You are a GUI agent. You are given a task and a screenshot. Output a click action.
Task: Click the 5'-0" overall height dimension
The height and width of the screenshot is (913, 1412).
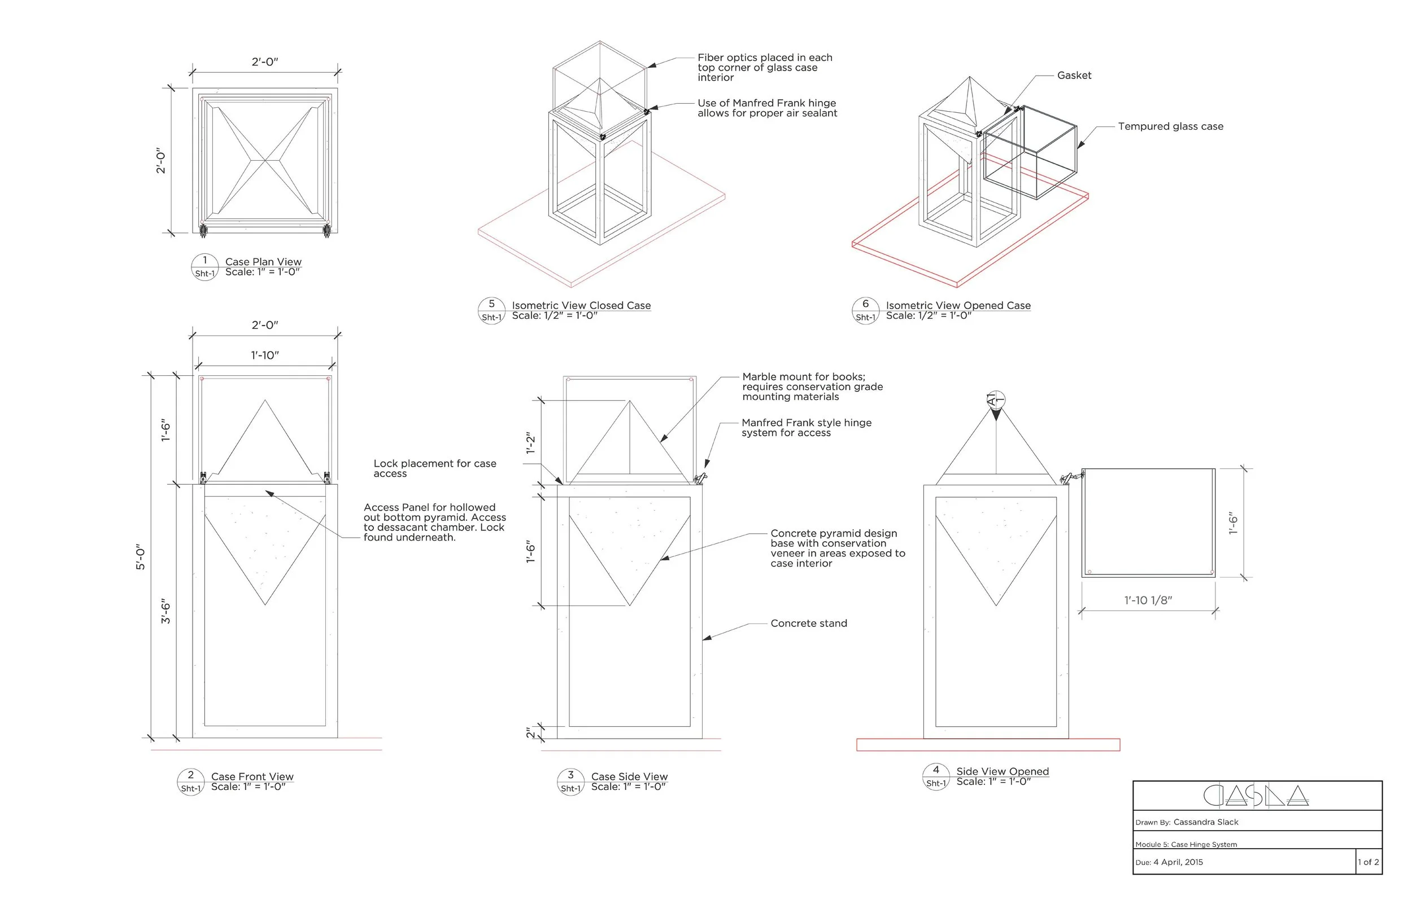pyautogui.click(x=141, y=558)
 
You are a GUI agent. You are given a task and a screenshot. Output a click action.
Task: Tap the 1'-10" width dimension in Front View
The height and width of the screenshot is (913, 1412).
pyautogui.click(x=264, y=355)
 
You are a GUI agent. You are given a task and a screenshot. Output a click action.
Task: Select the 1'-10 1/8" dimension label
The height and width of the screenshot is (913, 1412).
pyautogui.click(x=1148, y=600)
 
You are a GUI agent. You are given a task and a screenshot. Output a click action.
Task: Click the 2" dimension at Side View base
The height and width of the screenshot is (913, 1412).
pyautogui.click(x=531, y=734)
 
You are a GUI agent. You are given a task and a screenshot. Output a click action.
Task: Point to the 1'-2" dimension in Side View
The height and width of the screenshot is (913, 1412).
pyautogui.click(x=531, y=443)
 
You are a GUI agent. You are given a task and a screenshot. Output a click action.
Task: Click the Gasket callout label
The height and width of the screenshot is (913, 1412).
pyautogui.click(x=1074, y=75)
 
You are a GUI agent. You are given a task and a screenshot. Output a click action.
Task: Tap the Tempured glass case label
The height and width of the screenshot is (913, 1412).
pyautogui.click(x=1170, y=126)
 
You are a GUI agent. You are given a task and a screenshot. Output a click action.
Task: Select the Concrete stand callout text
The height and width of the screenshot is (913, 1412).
pyautogui.click(x=809, y=623)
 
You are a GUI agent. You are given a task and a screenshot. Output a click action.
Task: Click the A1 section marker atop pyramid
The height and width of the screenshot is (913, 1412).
pyautogui.click(x=996, y=400)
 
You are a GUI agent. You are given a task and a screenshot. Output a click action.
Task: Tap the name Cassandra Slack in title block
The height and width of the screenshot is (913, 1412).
pyautogui.click(x=1205, y=822)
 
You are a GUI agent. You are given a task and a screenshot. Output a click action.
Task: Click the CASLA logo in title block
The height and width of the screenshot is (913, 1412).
pyautogui.click(x=1256, y=796)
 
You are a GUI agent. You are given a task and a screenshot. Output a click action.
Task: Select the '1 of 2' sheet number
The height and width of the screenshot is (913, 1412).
pyautogui.click(x=1368, y=862)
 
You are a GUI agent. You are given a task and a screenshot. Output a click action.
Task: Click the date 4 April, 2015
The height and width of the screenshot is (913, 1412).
pyautogui.click(x=1178, y=862)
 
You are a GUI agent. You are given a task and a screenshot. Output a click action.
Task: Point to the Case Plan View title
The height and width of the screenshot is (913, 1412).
pyautogui.click(x=263, y=261)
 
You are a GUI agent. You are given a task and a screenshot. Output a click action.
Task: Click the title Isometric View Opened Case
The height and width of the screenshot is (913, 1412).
pyautogui.click(x=957, y=305)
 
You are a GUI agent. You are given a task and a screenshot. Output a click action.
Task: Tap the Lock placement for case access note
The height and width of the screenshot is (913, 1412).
pyautogui.click(x=434, y=468)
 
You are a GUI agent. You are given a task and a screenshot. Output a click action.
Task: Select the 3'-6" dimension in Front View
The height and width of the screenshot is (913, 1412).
pyautogui.click(x=166, y=611)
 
